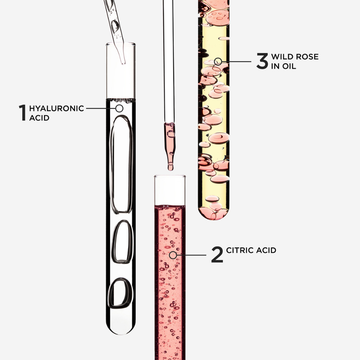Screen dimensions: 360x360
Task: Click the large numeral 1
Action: (22, 112)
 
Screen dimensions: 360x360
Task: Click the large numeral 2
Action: (217, 255)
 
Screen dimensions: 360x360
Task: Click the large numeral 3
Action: (262, 61)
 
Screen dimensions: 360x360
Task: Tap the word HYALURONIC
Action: (57, 108)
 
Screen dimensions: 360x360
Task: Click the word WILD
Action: (283, 57)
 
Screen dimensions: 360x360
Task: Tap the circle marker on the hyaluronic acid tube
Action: (119, 108)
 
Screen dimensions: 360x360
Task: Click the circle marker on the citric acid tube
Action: (173, 255)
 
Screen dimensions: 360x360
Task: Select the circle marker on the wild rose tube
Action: (218, 61)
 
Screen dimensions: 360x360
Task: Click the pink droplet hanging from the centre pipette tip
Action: (171, 165)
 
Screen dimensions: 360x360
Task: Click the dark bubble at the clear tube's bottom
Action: (121, 293)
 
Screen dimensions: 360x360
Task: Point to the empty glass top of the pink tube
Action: (170, 190)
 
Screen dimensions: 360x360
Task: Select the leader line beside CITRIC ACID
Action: (192, 255)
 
